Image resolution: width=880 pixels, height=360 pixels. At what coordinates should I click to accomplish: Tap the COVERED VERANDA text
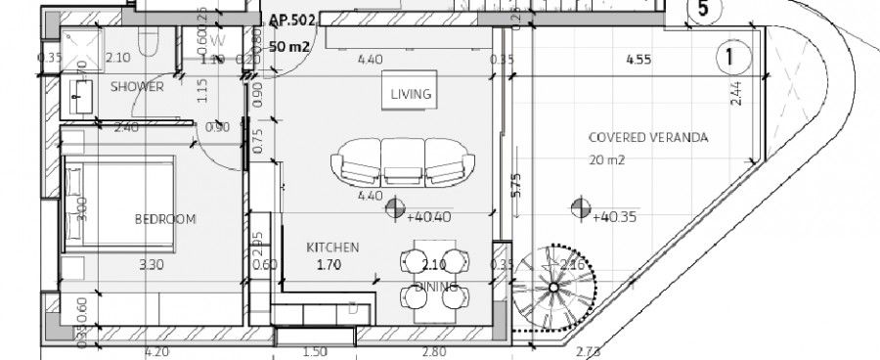click(634, 137)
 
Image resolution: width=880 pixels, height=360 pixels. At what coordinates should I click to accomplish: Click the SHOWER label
click(136, 87)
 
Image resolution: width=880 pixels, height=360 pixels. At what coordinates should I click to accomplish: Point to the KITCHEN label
click(332, 247)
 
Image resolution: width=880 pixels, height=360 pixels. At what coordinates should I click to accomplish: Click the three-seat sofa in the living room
click(397, 161)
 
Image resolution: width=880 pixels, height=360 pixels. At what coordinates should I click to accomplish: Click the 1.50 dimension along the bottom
click(315, 351)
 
